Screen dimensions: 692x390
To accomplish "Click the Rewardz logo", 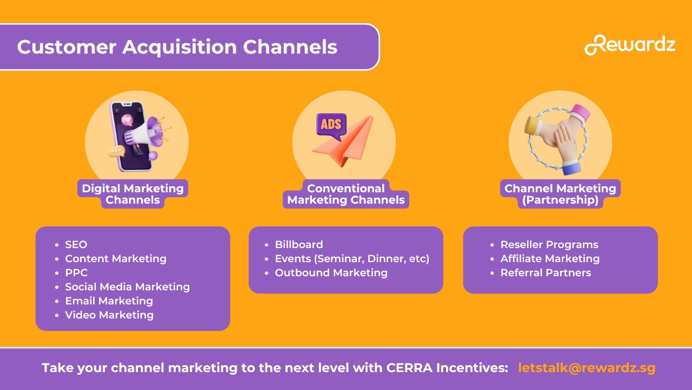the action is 630,45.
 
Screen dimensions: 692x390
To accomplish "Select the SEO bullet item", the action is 76,244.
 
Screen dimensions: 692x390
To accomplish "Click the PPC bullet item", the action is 76,272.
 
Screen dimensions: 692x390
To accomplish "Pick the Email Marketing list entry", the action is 109,301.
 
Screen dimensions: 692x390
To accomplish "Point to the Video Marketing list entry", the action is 109,315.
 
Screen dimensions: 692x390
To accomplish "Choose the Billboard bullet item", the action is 299,244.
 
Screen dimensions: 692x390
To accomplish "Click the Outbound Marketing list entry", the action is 331,272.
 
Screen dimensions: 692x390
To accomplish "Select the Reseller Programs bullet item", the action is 549,244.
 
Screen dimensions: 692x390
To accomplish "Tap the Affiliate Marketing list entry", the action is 550,258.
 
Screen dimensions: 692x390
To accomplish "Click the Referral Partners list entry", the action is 545,272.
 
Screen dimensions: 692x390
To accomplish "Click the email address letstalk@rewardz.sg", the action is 587,368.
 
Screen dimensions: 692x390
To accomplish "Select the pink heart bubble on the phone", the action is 127,120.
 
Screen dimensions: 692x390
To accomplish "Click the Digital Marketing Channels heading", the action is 132,194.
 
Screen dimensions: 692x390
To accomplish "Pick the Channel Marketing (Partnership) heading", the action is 560,194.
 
